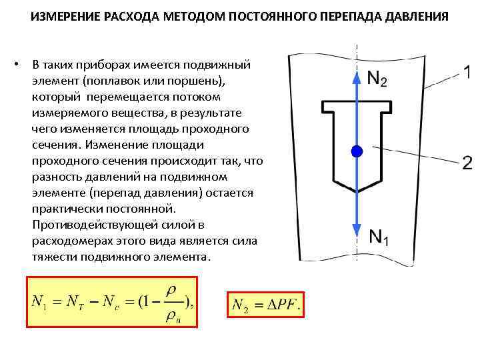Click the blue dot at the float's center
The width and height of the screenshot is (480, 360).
[357, 151]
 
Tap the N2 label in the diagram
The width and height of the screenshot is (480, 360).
[377, 78]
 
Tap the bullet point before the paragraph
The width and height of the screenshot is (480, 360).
[21, 65]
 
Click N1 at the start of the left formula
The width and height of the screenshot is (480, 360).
[41, 303]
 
